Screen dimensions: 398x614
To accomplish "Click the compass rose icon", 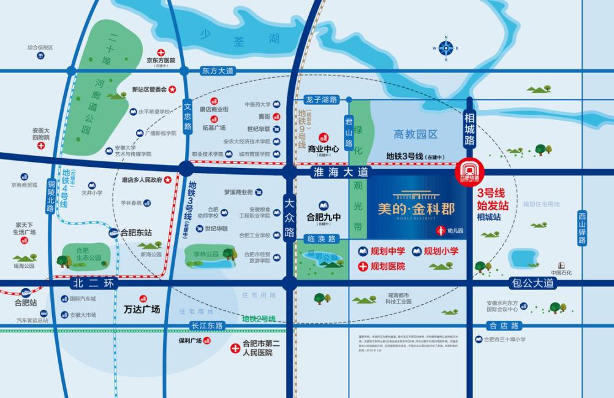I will (x=445, y=48).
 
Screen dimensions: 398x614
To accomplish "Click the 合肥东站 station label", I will (x=136, y=232).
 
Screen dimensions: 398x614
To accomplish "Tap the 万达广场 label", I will (x=142, y=309).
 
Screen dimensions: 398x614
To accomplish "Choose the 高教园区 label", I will (x=415, y=134).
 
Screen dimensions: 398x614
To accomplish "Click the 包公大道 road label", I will (x=531, y=283).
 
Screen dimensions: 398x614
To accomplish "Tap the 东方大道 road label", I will (x=218, y=71).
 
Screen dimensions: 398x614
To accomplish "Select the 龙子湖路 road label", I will (x=321, y=99).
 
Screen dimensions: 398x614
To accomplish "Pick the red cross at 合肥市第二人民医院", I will (x=235, y=348).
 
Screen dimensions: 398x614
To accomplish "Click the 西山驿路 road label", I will (x=582, y=228).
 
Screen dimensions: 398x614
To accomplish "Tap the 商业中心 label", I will (x=324, y=148).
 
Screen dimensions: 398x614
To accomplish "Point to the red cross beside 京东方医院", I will (x=161, y=53).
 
